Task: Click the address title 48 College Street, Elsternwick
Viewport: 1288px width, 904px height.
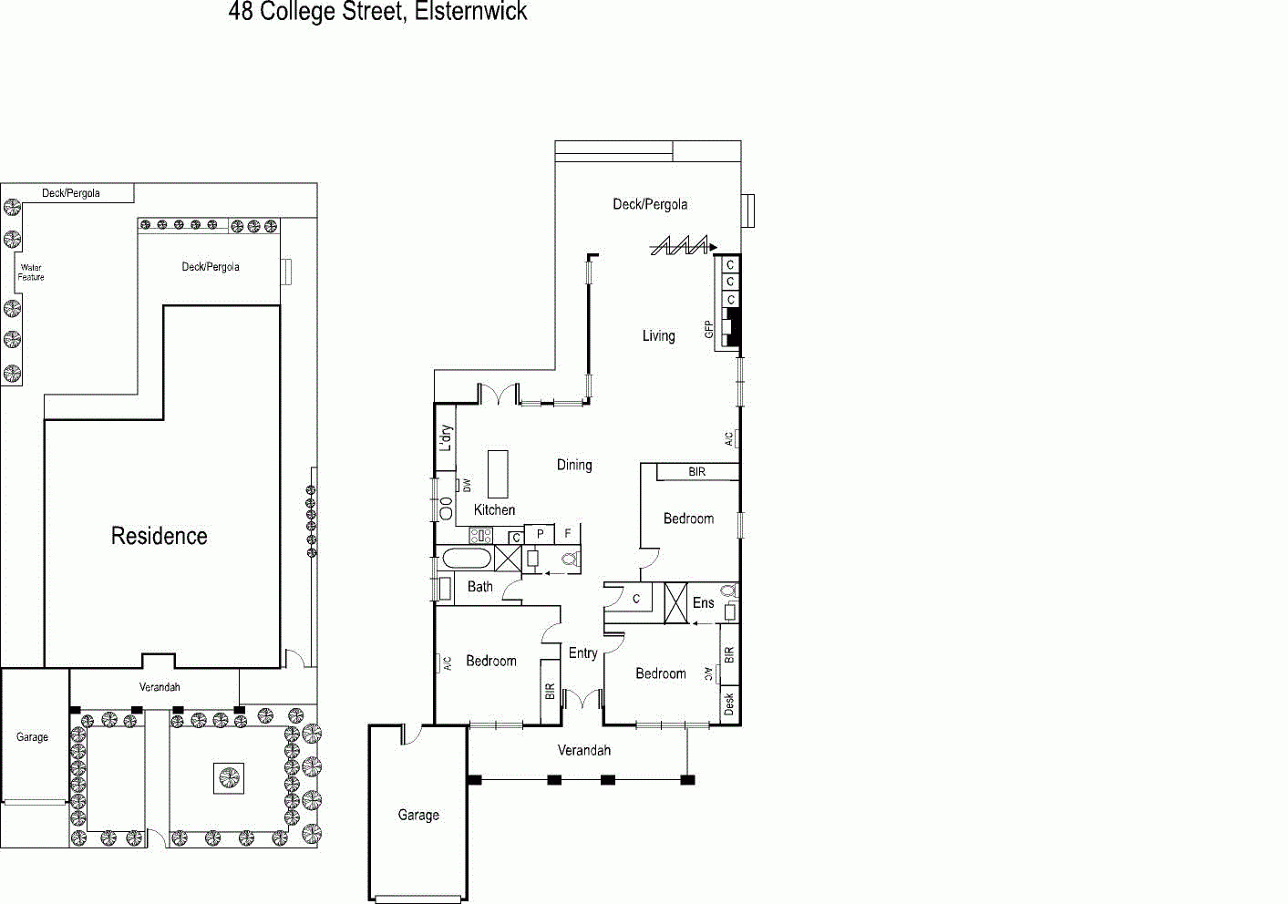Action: tap(377, 11)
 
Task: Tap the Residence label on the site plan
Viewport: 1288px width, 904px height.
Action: tap(160, 536)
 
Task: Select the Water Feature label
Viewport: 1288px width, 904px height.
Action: tap(31, 272)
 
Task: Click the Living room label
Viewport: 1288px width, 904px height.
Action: tap(658, 335)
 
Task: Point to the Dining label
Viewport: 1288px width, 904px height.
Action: tap(574, 465)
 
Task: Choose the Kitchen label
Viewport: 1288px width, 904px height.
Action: tap(494, 509)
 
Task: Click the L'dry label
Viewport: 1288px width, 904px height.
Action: tap(446, 438)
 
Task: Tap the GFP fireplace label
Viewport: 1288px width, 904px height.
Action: tap(709, 329)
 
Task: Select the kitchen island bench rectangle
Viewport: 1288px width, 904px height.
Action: tap(498, 474)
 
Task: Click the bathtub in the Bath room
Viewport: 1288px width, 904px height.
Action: tap(467, 559)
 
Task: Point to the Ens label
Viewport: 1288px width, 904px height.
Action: tap(703, 602)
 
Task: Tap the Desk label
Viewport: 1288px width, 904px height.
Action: tap(729, 704)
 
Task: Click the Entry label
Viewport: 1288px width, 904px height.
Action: tap(583, 652)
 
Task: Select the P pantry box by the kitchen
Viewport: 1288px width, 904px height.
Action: tap(540, 534)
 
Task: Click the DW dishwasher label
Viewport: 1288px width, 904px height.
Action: tap(467, 485)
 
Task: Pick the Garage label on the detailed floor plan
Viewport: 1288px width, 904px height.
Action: tap(418, 815)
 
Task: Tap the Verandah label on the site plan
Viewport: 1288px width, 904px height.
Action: tap(160, 687)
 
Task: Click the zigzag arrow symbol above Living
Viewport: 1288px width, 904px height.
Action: tap(684, 246)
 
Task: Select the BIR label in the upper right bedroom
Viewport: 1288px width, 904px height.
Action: tap(697, 472)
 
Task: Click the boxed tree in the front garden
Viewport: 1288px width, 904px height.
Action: tap(229, 779)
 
